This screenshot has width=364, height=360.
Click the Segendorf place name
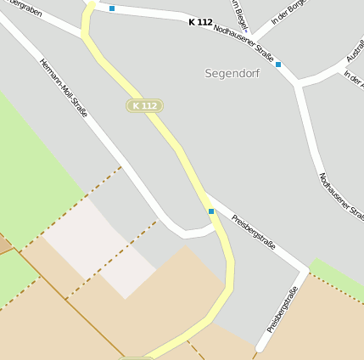pos(232,74)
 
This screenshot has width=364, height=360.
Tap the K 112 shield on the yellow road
pos(144,105)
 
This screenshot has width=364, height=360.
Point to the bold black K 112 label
pos(200,22)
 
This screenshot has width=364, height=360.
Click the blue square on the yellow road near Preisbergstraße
pos(211,211)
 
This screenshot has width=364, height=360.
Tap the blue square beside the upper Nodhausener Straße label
pos(277,65)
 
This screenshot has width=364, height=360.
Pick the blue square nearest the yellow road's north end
pos(112,8)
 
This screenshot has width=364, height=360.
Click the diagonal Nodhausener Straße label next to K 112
pos(245,42)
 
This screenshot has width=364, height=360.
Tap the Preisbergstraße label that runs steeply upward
pos(283,310)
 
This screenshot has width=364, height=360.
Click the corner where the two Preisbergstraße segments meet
pos(305,271)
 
